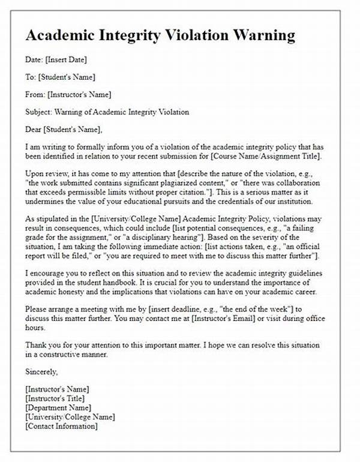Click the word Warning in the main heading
coord(261,35)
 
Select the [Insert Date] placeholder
coord(66,61)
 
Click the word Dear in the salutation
coord(35,128)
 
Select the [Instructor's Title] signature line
coord(55,398)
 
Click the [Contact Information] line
coord(61,426)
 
